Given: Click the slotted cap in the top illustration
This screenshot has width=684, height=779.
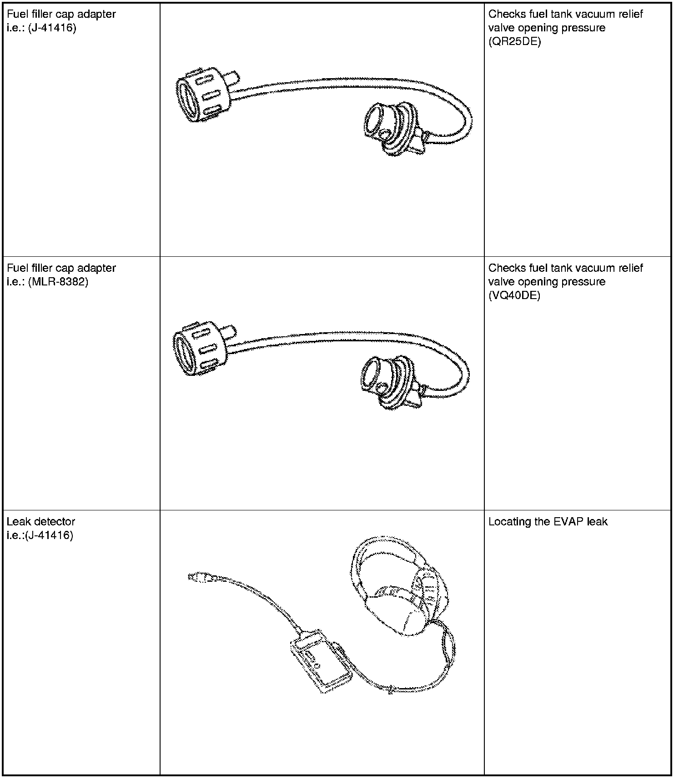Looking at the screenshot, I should coord(200,96).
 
